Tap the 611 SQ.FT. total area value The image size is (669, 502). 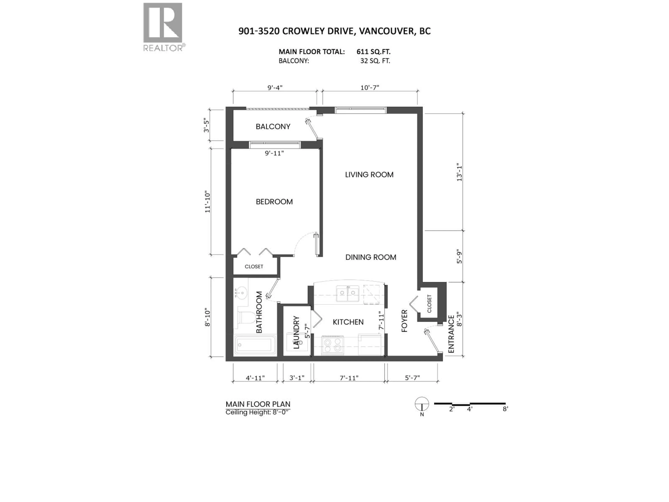pyautogui.click(x=373, y=52)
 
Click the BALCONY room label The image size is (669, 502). pyautogui.click(x=273, y=127)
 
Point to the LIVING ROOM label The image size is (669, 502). pyautogui.click(x=369, y=175)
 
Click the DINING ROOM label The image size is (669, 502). pyautogui.click(x=371, y=257)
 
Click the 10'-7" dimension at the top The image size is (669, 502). pyautogui.click(x=370, y=88)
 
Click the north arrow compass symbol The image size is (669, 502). pyautogui.click(x=422, y=404)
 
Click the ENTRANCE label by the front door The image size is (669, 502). pyautogui.click(x=451, y=334)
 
